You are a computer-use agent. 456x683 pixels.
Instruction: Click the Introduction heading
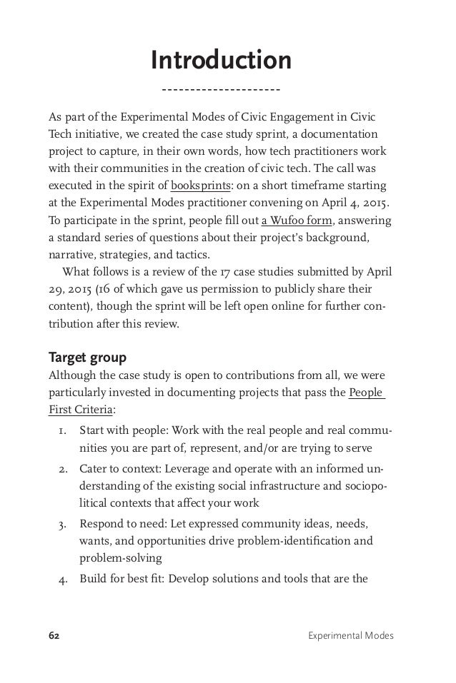point(221,60)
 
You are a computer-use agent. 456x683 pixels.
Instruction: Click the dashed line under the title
point(221,91)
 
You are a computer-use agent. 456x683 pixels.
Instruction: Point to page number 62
point(54,634)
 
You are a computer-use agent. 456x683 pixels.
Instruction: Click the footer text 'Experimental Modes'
point(353,634)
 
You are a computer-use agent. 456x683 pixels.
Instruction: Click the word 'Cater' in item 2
point(94,467)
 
